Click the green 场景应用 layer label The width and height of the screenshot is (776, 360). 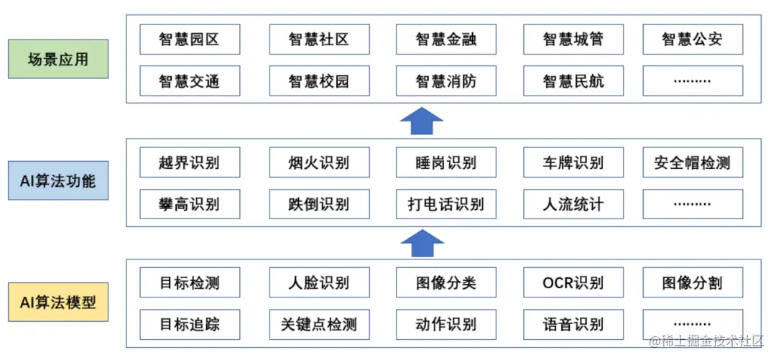coord(57,59)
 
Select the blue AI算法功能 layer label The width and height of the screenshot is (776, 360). coord(57,180)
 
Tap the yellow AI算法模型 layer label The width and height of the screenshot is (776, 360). coord(57,303)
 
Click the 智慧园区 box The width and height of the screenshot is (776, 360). coord(190,40)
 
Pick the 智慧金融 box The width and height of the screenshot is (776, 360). coord(445,40)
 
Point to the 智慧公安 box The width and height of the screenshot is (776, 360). coord(692,40)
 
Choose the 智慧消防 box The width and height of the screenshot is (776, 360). coord(445,81)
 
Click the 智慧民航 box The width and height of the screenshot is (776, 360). coord(573,81)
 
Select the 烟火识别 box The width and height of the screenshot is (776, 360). coord(319,162)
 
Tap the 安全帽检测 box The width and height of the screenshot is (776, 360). coord(692,162)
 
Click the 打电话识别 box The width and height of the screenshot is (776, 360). coord(445,204)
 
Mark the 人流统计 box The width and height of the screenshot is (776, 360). coord(573,204)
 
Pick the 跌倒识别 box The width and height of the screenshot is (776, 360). coord(319,204)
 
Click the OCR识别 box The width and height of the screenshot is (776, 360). coord(573,282)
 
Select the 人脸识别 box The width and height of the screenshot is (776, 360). coord(319,282)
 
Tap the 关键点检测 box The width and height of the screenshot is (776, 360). coord(319,324)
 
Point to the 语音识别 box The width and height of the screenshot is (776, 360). coord(573,324)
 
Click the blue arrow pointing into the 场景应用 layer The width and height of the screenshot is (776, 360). coord(422,121)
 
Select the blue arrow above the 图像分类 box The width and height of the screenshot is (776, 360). coord(422,244)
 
